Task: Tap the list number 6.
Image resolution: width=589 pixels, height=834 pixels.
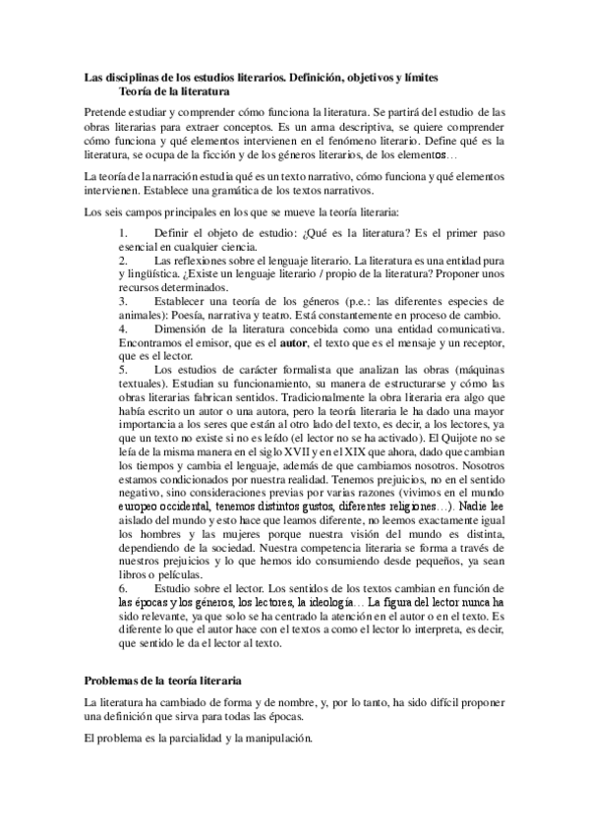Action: pyautogui.click(x=122, y=587)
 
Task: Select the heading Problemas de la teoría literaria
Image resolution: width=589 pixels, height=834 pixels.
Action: pyautogui.click(x=162, y=681)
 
